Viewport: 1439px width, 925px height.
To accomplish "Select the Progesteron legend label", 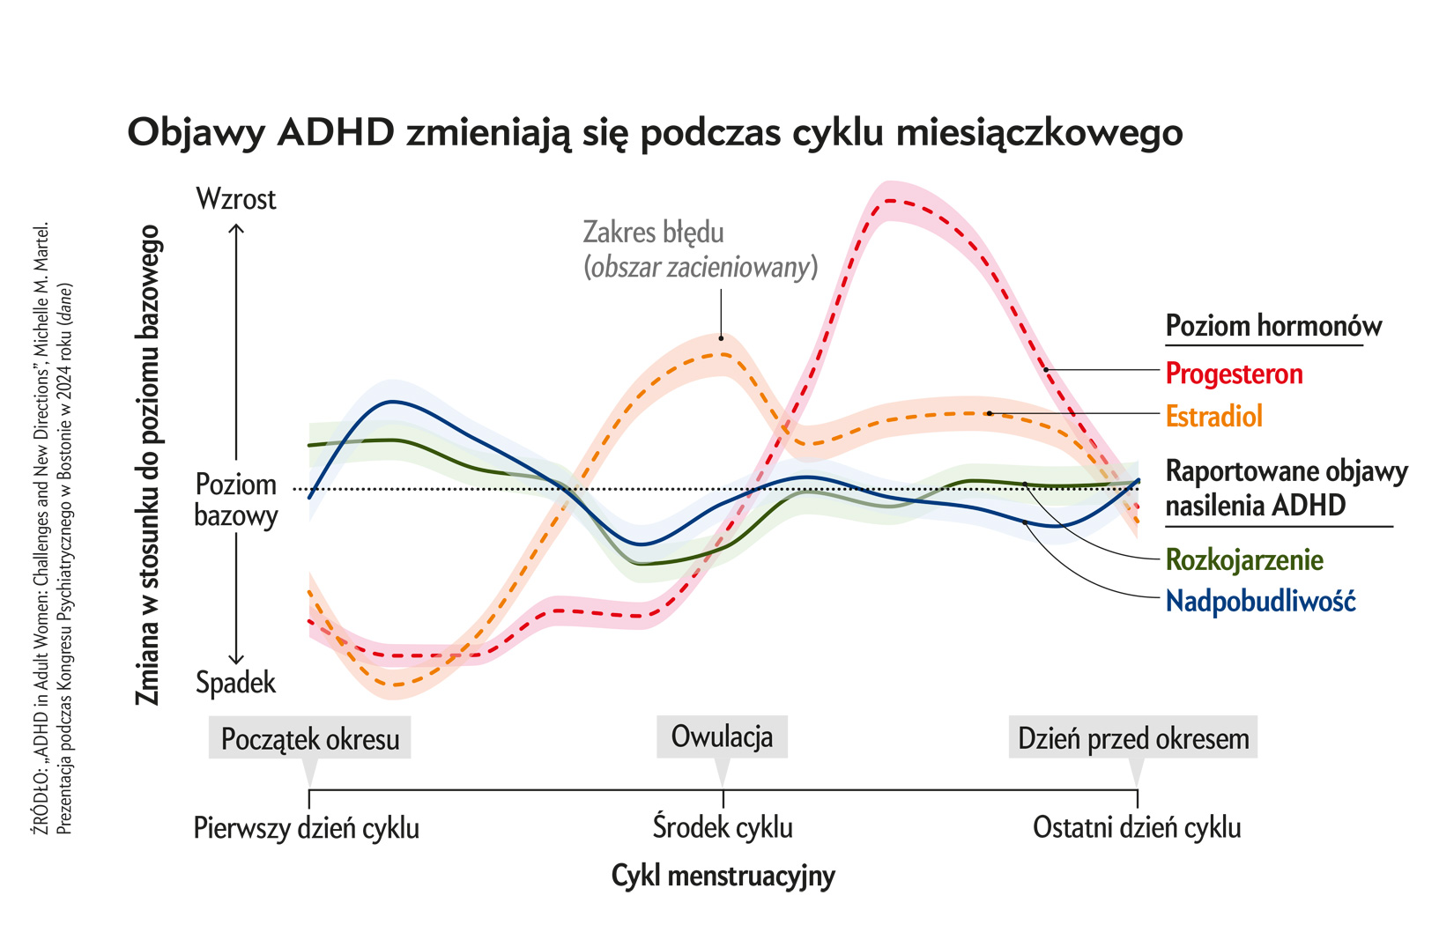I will click(x=1234, y=374).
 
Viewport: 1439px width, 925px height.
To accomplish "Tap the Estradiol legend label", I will click(x=1213, y=416).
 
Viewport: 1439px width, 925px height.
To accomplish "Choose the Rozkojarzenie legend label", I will click(x=1244, y=559).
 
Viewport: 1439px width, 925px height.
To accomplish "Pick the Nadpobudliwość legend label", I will click(x=1260, y=602).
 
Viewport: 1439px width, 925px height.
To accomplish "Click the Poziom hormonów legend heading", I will click(x=1273, y=326).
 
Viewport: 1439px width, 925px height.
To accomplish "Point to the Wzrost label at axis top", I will click(x=236, y=199).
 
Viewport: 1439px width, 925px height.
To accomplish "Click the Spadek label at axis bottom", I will click(x=236, y=683).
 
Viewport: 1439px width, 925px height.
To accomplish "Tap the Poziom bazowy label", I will click(x=236, y=499).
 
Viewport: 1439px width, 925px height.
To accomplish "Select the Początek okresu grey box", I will click(x=310, y=738).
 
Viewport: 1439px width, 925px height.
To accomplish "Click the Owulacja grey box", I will click(x=722, y=736).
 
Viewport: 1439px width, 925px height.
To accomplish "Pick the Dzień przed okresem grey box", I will click(x=1133, y=738).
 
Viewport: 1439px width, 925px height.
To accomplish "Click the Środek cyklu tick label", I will click(x=723, y=828).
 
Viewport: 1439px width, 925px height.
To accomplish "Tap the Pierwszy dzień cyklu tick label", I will click(x=307, y=829).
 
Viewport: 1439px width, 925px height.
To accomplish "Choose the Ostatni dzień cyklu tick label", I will click(x=1137, y=828).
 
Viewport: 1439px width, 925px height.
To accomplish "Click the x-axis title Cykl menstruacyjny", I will click(x=723, y=876).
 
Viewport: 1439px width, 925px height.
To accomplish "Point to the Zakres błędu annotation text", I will click(x=654, y=233).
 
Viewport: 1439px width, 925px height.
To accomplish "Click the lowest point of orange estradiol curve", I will click(x=397, y=684).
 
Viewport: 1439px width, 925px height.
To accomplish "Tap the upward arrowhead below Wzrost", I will click(x=236, y=228).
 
